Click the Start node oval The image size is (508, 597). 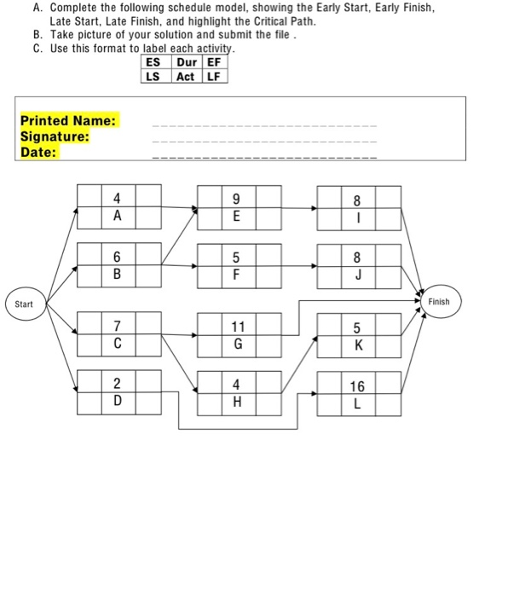(24, 304)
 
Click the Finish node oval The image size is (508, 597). (438, 301)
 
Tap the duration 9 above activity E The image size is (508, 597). (239, 200)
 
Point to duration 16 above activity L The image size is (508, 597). (357, 386)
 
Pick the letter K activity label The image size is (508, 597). (357, 345)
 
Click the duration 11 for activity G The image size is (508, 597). (239, 327)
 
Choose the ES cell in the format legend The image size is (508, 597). (153, 62)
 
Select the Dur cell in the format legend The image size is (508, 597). (184, 62)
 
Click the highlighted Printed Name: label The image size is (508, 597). (68, 121)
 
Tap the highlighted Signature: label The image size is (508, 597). (55, 136)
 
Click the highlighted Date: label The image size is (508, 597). (38, 152)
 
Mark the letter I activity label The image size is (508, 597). (357, 217)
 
